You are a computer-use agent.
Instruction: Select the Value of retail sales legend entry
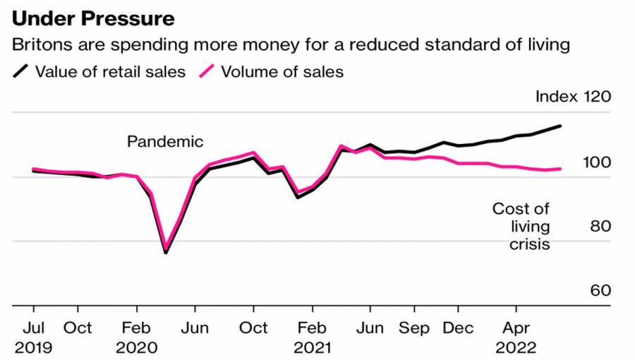click(x=110, y=71)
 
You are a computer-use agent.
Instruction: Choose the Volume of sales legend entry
click(x=282, y=71)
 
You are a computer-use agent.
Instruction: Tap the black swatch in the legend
click(x=21, y=71)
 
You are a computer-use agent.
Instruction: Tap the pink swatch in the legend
click(x=207, y=71)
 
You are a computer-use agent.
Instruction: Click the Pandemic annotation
click(x=165, y=141)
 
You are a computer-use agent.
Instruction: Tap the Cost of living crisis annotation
click(x=521, y=227)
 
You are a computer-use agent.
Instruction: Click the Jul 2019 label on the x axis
click(x=33, y=337)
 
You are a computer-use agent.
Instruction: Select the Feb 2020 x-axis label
click(x=136, y=337)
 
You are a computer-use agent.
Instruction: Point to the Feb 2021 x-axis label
click(x=311, y=337)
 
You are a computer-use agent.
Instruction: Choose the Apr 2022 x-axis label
click(x=516, y=337)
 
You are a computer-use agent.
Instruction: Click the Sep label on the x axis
click(x=413, y=328)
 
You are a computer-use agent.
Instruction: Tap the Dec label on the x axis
click(x=458, y=328)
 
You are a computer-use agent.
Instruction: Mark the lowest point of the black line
click(x=165, y=252)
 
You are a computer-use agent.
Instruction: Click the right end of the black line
click(x=561, y=126)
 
